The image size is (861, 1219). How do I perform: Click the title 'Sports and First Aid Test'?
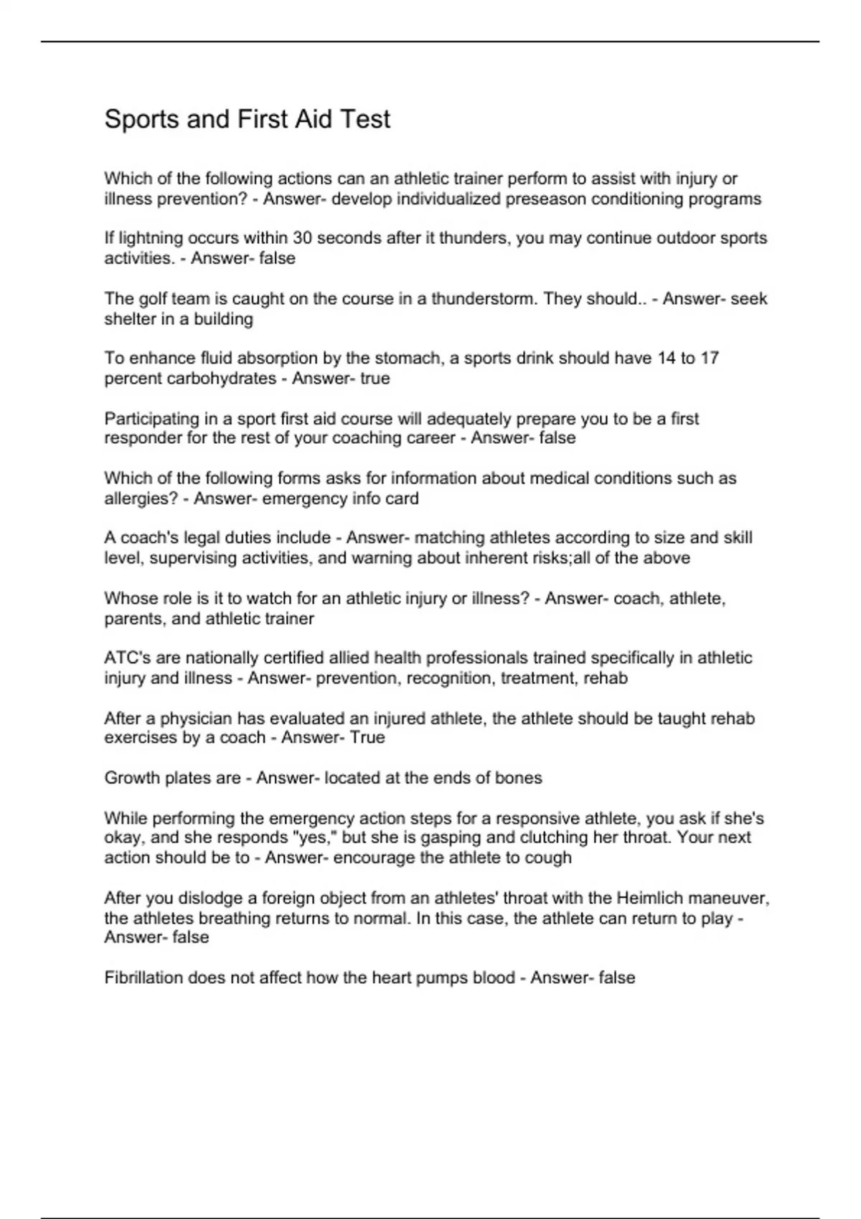[x=248, y=119]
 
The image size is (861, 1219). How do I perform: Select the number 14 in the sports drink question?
[x=667, y=358]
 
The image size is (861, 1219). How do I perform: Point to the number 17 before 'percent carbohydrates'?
[x=709, y=358]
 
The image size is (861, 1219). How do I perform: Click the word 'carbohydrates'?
[x=221, y=378]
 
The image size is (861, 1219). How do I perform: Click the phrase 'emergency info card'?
[x=340, y=498]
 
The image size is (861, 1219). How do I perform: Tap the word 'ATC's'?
[x=126, y=658]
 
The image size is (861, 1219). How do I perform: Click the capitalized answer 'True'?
[x=367, y=738]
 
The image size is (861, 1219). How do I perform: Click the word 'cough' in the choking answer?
[x=550, y=858]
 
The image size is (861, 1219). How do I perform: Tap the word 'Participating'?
[x=150, y=418]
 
